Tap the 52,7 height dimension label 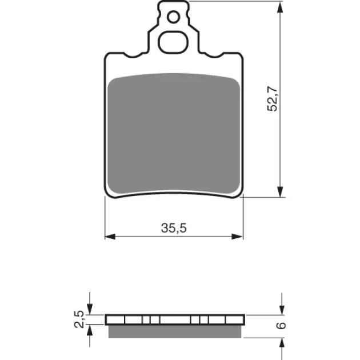[x=273, y=99]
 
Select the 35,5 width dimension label [x=174, y=228]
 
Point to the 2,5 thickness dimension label [x=79, y=319]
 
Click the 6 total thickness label [x=281, y=325]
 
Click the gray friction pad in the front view [x=174, y=133]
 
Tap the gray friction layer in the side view [x=175, y=331]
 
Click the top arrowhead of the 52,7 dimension [x=280, y=7]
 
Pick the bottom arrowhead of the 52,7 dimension [x=280, y=191]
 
